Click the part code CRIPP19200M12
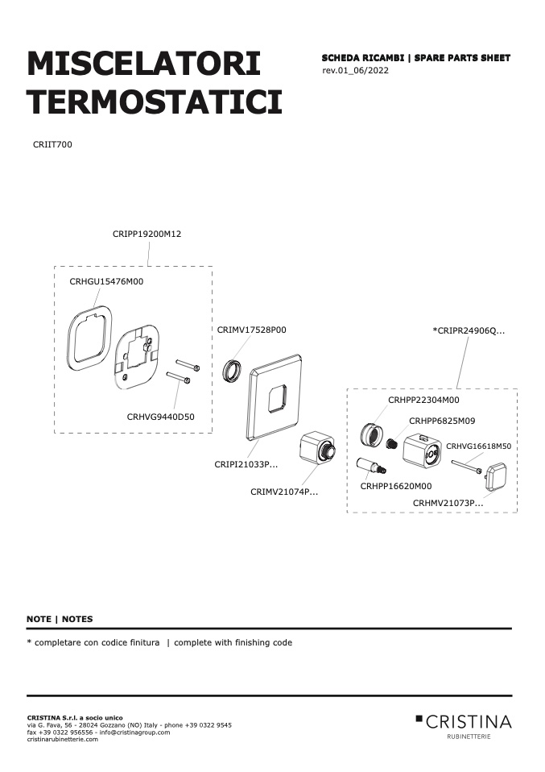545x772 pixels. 147,234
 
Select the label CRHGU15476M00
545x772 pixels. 106,281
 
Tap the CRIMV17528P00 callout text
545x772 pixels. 251,330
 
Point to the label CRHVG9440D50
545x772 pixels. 160,417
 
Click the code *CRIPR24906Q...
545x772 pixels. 469,331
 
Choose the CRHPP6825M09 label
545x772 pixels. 442,421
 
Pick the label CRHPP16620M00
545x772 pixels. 396,487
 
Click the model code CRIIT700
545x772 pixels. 52,145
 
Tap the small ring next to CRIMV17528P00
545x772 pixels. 232,371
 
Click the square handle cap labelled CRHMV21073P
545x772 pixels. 497,476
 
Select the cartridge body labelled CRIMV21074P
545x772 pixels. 317,446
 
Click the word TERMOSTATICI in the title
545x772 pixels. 155,102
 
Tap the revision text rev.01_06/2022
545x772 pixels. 356,70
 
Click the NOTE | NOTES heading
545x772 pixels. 60,620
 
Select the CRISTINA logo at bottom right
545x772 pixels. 464,725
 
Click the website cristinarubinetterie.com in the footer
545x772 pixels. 63,740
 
